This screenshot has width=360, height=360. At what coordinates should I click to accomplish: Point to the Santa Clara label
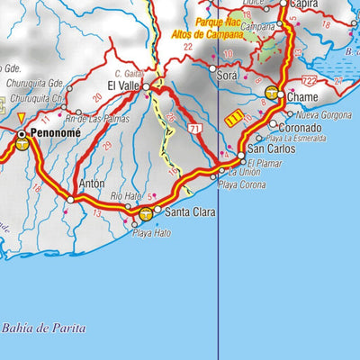pyautogui.click(x=187, y=212)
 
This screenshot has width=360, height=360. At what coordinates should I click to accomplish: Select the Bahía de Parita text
pyautogui.click(x=44, y=328)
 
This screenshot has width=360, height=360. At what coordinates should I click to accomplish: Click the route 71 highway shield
pyautogui.click(x=194, y=130)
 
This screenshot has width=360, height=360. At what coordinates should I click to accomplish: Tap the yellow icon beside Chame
pyautogui.click(x=272, y=93)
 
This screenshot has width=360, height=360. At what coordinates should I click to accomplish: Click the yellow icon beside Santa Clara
pyautogui.click(x=148, y=213)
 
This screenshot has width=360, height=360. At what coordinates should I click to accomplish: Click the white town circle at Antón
pyautogui.click(x=71, y=199)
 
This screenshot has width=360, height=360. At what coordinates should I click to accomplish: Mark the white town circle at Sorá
pyautogui.click(x=213, y=67)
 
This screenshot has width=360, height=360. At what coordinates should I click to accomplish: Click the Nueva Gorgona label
pyautogui.click(x=323, y=114)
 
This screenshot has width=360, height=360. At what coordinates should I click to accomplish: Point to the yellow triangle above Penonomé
pyautogui.click(x=22, y=117)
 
